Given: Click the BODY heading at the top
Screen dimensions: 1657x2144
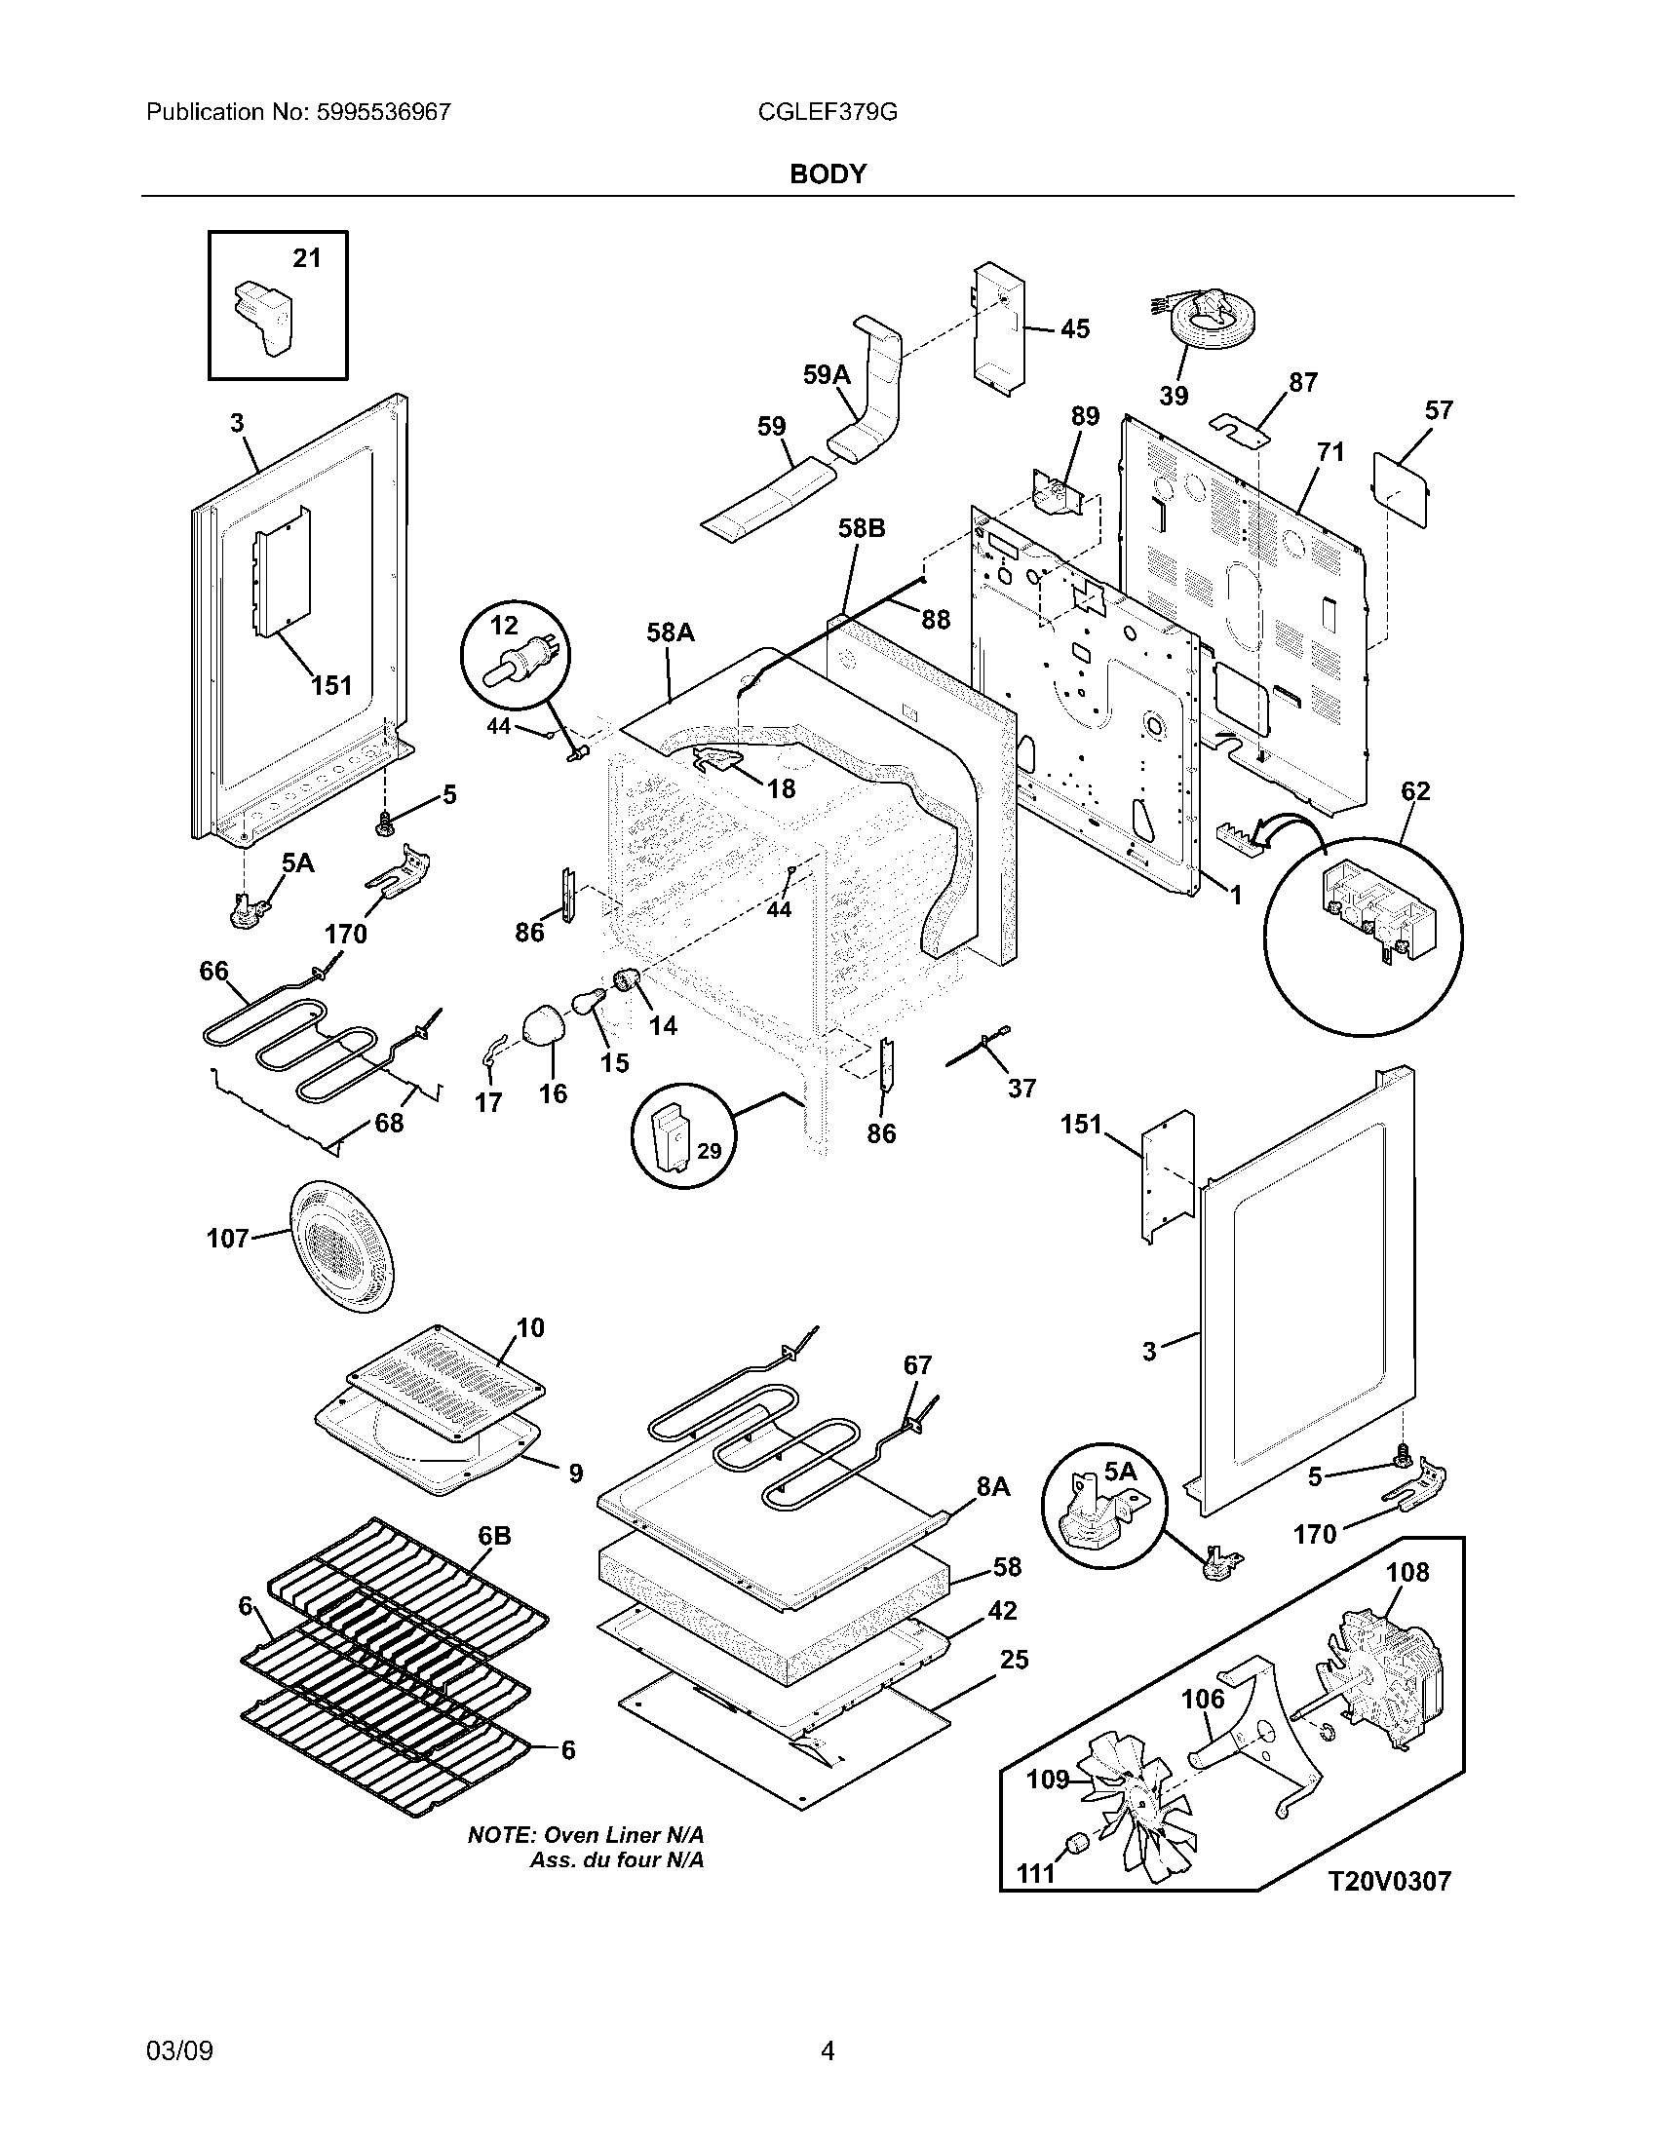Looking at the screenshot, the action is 828,173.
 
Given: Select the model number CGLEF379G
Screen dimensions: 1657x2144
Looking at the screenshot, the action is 827,112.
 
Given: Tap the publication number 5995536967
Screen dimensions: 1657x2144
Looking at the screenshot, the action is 383,112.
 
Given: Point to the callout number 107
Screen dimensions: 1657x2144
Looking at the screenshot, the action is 227,1239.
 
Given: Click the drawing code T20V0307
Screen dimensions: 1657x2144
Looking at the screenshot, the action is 1389,1881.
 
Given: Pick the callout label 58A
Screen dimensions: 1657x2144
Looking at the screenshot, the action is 670,633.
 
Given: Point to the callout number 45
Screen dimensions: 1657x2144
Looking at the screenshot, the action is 1075,328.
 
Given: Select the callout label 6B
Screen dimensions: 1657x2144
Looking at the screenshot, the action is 494,1536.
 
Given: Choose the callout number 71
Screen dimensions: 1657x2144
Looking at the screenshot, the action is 1330,452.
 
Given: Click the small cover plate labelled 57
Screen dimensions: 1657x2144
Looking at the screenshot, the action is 1401,489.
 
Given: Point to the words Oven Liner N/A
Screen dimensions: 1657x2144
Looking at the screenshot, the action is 625,1835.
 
